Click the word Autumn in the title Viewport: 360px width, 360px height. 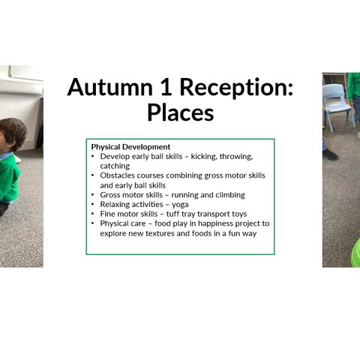[109, 87]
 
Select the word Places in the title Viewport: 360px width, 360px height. [180, 112]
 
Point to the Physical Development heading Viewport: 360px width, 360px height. [130, 147]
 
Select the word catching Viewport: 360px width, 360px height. [115, 166]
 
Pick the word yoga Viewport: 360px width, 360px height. [180, 205]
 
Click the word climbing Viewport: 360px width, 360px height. [230, 195]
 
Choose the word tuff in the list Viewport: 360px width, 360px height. [172, 214]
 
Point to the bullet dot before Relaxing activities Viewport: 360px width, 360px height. [93, 205]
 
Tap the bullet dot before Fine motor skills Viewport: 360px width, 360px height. [93, 214]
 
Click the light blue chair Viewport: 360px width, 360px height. [337, 106]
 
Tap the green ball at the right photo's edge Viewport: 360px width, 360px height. [355, 253]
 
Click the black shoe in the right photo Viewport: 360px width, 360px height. [330, 154]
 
